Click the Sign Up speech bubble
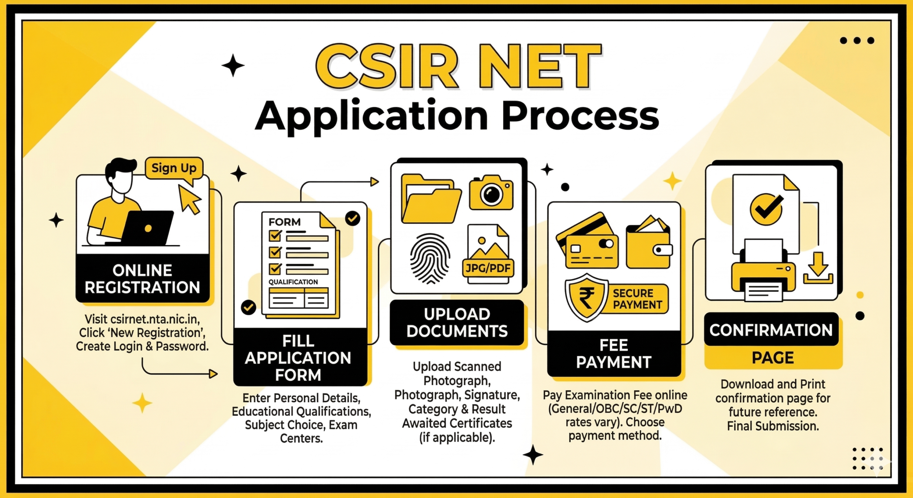[174, 168]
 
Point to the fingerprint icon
[430, 258]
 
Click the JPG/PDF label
[488, 268]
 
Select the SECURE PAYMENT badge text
[637, 299]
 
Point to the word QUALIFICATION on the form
[293, 282]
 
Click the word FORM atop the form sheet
[284, 222]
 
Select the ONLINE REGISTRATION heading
[142, 279]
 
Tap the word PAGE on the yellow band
[773, 357]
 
